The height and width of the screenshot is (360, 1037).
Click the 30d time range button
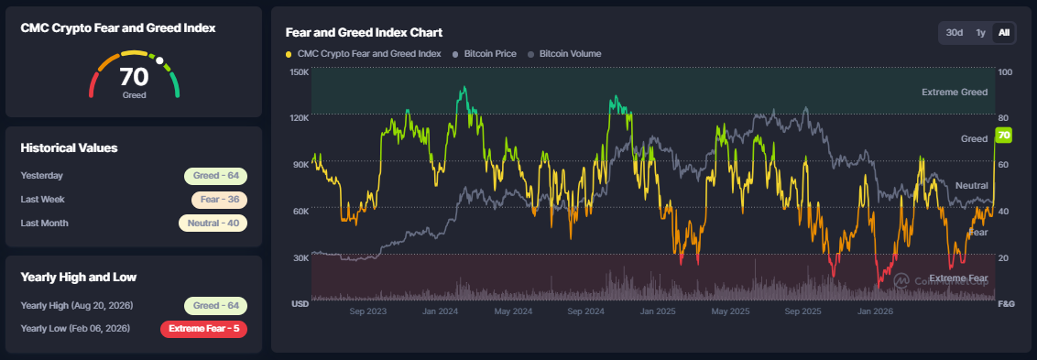point(955,32)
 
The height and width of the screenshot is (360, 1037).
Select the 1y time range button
point(981,32)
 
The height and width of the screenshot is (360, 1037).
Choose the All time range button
point(1004,32)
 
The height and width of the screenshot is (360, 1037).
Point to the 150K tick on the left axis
point(300,71)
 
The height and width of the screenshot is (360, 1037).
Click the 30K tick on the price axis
point(300,257)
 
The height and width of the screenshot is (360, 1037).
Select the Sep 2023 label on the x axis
point(367,311)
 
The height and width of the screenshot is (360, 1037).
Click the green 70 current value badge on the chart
point(1004,136)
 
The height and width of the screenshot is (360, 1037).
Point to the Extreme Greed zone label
point(955,92)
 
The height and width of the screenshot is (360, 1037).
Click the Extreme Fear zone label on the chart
point(958,278)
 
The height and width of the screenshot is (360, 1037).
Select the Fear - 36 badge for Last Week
point(219,200)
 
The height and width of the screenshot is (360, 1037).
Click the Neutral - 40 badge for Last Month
point(213,223)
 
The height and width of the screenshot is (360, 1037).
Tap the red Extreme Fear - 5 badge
point(203,329)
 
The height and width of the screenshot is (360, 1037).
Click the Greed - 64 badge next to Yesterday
point(215,176)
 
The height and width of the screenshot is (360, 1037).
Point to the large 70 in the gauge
point(135,78)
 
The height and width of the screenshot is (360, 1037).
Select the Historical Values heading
point(69,147)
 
